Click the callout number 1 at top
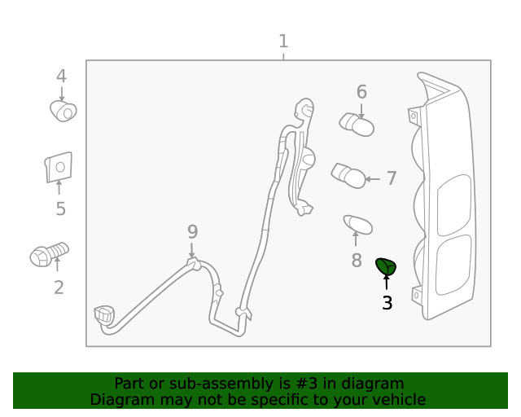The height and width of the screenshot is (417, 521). [282, 41]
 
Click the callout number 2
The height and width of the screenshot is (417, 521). [59, 287]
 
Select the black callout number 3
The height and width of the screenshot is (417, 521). [387, 303]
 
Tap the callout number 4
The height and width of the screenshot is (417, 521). [61, 77]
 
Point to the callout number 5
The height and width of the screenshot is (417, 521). [60, 209]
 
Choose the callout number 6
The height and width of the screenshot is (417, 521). [361, 92]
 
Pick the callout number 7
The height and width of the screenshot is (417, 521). [392, 178]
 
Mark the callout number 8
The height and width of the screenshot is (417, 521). [356, 261]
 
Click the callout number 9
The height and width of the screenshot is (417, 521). [192, 231]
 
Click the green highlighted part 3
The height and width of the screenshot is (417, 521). [386, 266]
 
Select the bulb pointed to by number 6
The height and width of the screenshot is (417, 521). [357, 124]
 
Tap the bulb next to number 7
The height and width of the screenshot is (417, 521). [347, 174]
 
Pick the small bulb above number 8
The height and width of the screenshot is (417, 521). [357, 223]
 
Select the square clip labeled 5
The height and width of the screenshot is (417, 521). [59, 168]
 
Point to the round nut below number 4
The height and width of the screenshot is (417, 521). [63, 111]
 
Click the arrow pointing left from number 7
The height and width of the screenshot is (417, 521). [373, 178]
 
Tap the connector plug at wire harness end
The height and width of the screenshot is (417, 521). [104, 315]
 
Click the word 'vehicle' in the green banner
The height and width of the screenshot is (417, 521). [397, 399]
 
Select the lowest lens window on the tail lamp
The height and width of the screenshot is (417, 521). [454, 266]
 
